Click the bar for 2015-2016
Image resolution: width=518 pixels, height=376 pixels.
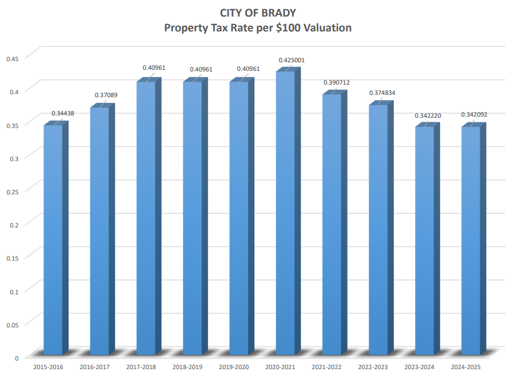[x=53, y=240]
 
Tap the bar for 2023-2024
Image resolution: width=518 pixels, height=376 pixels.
[x=424, y=241]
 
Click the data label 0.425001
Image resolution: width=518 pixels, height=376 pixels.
[x=292, y=60]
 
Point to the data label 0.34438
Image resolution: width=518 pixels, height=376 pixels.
[x=63, y=113]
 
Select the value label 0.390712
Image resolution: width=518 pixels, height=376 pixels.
[x=337, y=82]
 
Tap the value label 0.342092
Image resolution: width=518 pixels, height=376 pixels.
[x=476, y=115]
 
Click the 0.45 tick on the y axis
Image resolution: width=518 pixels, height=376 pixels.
[x=12, y=58]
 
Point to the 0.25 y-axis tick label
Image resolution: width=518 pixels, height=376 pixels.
[x=12, y=191]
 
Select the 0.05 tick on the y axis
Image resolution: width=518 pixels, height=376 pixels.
[x=12, y=325]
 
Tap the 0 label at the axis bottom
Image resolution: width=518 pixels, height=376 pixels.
[x=17, y=358]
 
